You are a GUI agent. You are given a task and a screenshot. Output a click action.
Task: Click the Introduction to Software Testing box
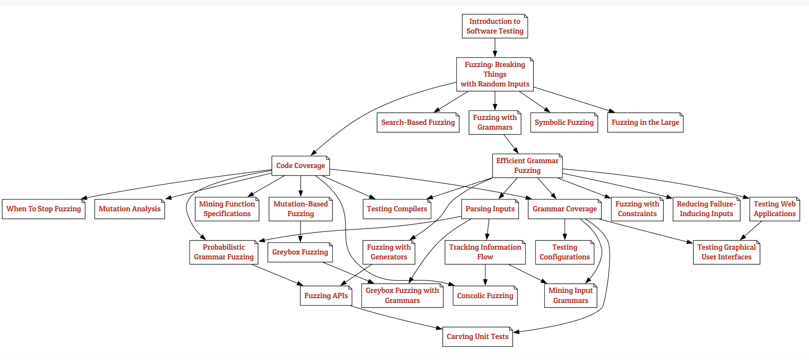tap(495, 26)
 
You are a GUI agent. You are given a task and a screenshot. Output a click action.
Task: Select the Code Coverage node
tap(300, 166)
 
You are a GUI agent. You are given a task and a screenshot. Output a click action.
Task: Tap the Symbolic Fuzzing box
tap(564, 122)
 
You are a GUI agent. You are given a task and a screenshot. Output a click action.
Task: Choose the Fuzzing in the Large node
tap(645, 122)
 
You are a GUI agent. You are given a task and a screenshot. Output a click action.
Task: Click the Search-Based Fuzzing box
tap(418, 122)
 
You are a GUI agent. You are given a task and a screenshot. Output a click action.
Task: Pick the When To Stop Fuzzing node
tap(44, 209)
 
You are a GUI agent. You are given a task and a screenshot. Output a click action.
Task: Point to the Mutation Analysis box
tap(129, 209)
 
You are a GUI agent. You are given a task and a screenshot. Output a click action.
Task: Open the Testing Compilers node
tap(397, 209)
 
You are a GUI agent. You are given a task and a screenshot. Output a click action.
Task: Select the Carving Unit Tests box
tap(477, 337)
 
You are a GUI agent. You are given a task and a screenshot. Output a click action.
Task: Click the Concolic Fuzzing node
tap(485, 296)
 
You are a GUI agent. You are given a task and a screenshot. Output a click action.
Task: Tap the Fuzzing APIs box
tap(326, 296)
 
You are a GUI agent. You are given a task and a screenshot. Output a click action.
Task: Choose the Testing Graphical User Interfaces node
tap(726, 252)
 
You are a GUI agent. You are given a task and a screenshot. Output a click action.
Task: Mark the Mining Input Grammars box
tap(570, 296)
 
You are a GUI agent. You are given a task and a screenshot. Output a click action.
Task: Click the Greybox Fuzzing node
tap(300, 252)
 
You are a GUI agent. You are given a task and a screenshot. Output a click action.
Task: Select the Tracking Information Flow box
tap(485, 252)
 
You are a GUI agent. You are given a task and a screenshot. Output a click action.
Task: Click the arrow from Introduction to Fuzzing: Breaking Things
tap(495, 48)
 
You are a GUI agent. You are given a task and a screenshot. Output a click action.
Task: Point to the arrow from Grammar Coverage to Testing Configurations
tap(565, 229)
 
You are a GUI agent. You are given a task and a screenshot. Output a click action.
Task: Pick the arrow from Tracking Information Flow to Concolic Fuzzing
tap(485, 275)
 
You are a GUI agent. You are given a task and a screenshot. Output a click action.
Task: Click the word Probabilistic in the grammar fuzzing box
tap(223, 247)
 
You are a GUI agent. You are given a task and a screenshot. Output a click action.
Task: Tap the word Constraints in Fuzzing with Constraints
tap(637, 214)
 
